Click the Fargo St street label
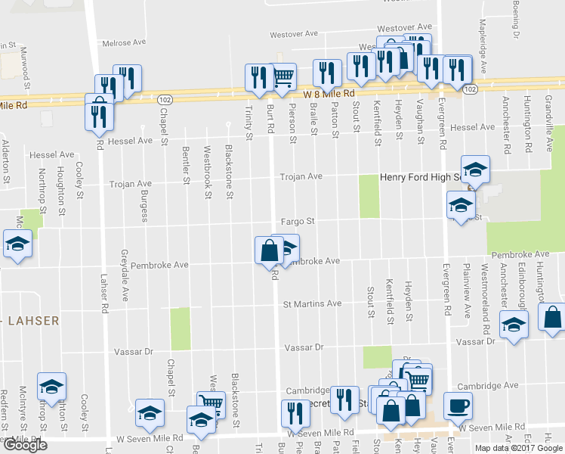click(298, 221)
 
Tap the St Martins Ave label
click(312, 304)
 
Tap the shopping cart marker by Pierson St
click(282, 76)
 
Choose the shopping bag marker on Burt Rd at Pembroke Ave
click(269, 250)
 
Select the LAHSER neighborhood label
click(33, 321)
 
